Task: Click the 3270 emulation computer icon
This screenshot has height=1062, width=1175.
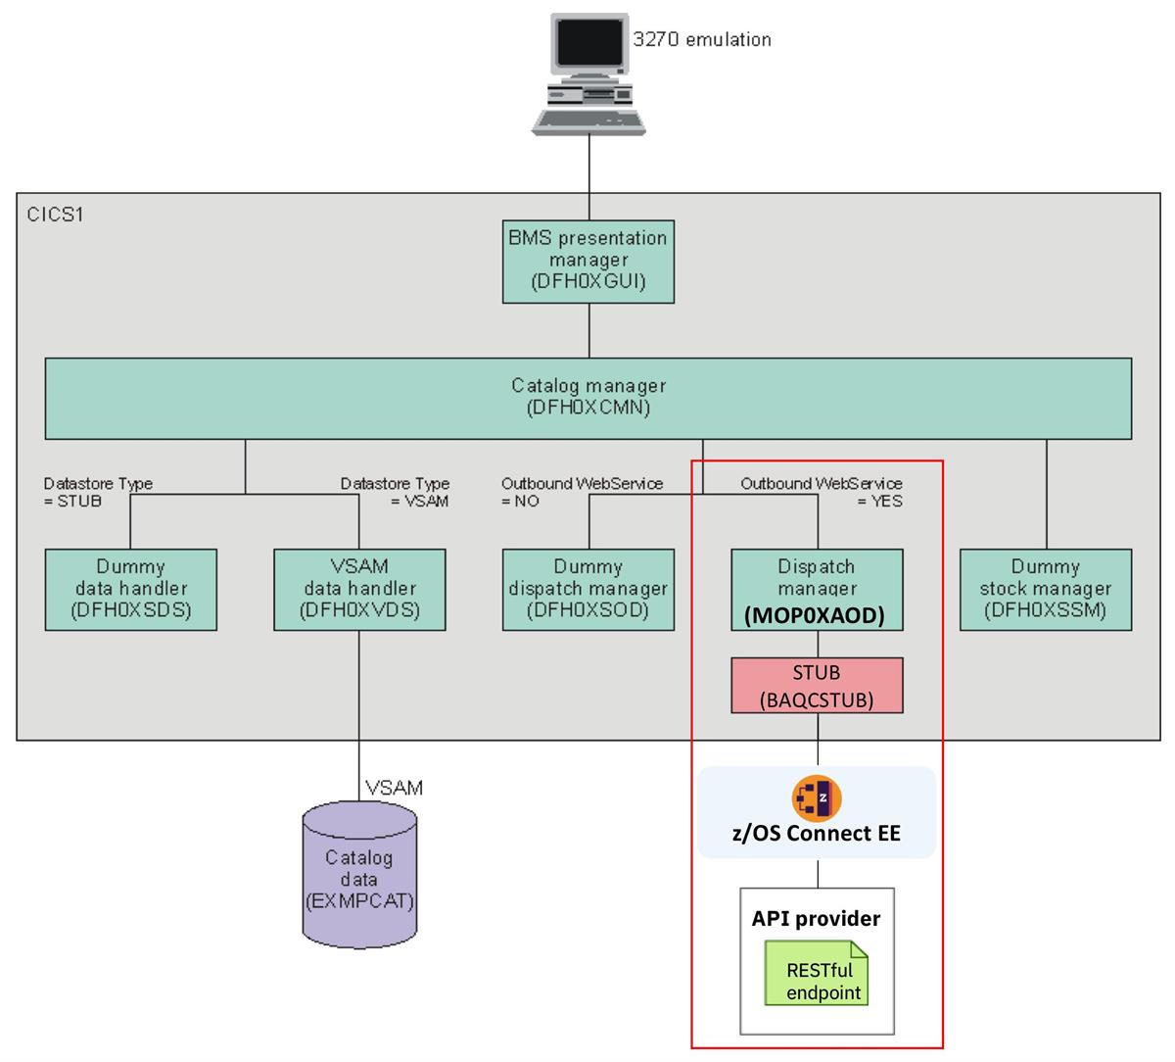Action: (587, 73)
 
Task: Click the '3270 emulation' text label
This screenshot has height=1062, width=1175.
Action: (702, 40)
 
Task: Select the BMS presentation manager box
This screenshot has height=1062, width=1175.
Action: (588, 261)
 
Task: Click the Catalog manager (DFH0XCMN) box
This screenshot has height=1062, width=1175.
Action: (588, 397)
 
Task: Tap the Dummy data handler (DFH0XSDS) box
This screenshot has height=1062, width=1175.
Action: (131, 589)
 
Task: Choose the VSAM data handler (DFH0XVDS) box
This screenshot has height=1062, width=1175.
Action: (359, 589)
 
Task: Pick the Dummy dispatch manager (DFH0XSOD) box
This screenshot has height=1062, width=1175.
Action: (588, 589)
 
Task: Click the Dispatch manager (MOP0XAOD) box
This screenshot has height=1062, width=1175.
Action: (817, 589)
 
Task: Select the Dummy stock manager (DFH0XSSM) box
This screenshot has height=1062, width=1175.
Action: (1046, 589)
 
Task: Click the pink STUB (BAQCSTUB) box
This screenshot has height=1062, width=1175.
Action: (817, 685)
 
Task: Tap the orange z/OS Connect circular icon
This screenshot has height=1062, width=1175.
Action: (817, 797)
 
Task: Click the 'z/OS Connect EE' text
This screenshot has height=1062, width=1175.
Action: (817, 834)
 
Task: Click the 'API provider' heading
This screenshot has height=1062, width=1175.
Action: (817, 919)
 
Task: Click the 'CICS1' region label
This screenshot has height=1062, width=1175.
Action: (56, 214)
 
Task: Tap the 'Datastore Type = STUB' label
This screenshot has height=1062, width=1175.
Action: (98, 492)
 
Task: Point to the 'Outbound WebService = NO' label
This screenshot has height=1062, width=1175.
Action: (582, 492)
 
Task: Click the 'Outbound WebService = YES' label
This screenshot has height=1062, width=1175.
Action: (822, 492)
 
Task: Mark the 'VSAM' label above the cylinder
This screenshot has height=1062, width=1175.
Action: (394, 788)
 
